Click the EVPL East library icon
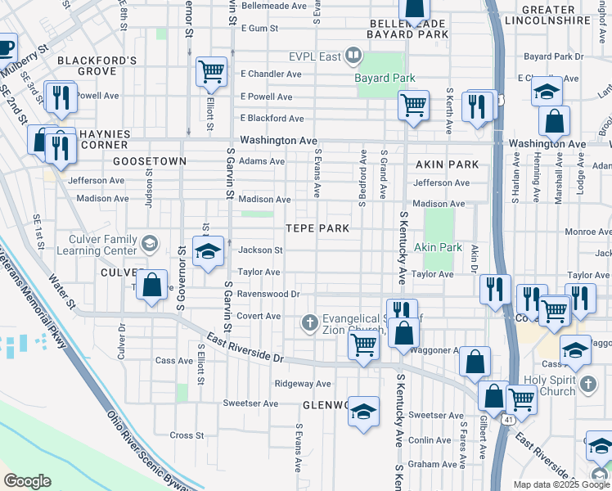click(x=353, y=56)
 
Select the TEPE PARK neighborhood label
click(x=317, y=228)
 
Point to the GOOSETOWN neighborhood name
click(x=150, y=161)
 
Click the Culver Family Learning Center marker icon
click(x=150, y=243)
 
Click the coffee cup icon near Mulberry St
click(x=5, y=46)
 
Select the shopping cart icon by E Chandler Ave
click(x=212, y=72)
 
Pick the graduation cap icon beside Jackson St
click(x=208, y=251)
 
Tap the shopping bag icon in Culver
click(x=152, y=286)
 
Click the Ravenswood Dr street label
click(x=269, y=293)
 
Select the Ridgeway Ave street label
click(x=303, y=383)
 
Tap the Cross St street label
click(x=187, y=435)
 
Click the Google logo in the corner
click(x=27, y=481)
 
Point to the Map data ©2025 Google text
click(x=560, y=484)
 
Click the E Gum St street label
click(x=259, y=28)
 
